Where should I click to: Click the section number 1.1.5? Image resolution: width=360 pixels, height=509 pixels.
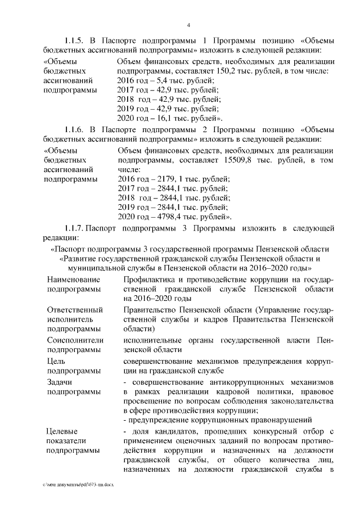coord(75,40)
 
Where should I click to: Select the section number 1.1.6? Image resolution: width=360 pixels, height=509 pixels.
coord(75,132)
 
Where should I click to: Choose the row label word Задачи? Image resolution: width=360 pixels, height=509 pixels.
coord(61,381)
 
